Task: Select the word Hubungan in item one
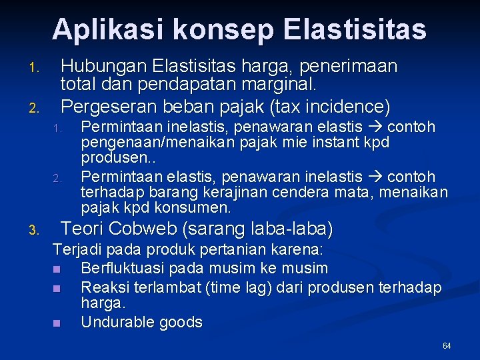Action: (x=103, y=67)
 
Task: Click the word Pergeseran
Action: (x=99, y=105)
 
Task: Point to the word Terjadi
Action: (x=73, y=251)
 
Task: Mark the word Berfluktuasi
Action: (x=123, y=269)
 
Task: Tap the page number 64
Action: (x=447, y=346)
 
